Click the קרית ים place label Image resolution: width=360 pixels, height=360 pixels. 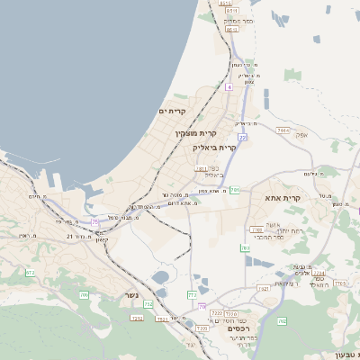point(171,111)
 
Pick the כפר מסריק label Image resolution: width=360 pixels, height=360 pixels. point(238,20)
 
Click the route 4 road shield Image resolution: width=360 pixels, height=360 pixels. point(229,88)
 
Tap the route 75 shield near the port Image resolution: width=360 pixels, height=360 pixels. point(95,220)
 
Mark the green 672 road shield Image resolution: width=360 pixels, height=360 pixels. point(31,272)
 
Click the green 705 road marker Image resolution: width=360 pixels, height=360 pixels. point(85,294)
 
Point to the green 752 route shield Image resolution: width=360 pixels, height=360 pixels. point(148,304)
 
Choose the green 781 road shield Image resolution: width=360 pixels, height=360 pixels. point(235,190)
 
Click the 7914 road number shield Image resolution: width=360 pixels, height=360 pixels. point(283,131)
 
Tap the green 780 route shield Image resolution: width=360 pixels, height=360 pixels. point(244,248)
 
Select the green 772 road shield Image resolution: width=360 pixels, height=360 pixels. point(192,294)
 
